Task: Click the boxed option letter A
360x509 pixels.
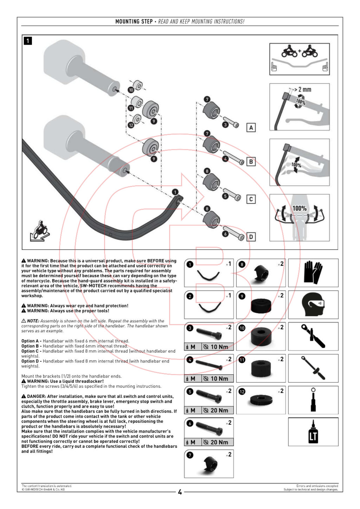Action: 251,128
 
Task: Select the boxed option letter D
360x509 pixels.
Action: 251,237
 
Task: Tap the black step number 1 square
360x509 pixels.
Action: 28,41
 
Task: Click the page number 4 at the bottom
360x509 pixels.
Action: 180,492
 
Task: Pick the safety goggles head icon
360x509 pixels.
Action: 313,304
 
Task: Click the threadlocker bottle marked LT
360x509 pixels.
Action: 313,432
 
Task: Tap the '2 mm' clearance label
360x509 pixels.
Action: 304,90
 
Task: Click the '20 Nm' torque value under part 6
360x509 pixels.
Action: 219,442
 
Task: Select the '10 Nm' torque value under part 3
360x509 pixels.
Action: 219,347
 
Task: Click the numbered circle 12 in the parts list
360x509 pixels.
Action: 242,392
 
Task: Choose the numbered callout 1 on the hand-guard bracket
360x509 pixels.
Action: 175,192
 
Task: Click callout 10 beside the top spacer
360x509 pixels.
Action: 131,90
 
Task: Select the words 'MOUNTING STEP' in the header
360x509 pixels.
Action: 134,21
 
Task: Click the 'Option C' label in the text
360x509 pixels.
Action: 30,351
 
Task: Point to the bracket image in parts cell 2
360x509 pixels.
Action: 210,308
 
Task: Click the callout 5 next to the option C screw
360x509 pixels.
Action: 225,196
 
